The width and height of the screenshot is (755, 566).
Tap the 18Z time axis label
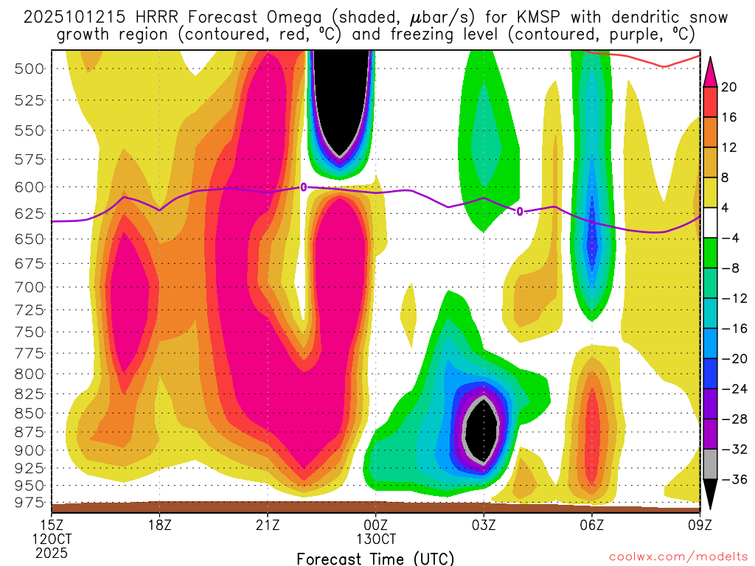coord(160,525)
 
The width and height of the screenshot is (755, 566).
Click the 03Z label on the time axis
coord(484,525)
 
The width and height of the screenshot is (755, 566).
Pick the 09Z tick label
coord(699,525)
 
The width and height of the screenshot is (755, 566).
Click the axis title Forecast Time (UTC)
coord(375,559)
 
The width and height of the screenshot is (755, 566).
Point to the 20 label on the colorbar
coord(729,87)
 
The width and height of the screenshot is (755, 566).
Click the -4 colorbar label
coord(729,238)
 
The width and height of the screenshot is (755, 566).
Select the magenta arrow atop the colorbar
coord(711,71)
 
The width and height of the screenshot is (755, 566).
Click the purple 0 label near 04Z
coord(519,212)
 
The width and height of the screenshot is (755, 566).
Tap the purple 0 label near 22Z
coord(303,187)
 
